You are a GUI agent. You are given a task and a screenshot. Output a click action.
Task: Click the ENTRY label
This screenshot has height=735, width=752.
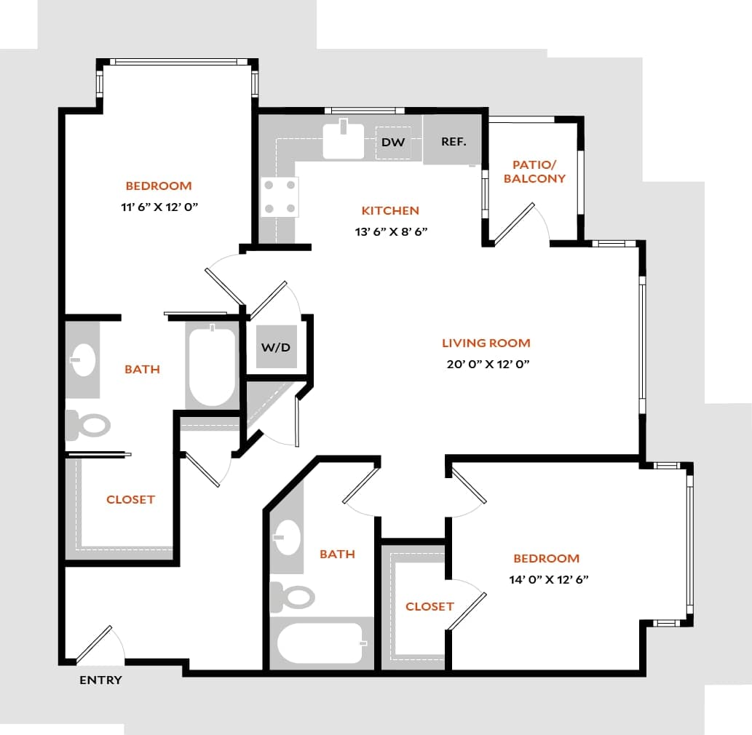pos(100,680)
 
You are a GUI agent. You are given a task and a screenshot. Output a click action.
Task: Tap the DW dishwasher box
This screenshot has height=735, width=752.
pos(393,142)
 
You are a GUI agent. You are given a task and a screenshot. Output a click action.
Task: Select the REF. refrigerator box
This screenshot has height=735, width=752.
pos(453,141)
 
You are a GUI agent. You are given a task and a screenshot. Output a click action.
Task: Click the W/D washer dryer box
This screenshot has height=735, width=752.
pos(275,347)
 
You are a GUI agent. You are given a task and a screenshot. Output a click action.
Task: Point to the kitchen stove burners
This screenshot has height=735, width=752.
pos(280,196)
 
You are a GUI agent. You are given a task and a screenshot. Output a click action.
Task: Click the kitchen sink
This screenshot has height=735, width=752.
pos(343,140)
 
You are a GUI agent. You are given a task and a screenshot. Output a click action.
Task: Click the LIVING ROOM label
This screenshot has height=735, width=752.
pos(486,343)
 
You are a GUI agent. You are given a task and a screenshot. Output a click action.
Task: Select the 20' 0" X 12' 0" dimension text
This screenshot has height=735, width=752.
pos(487,365)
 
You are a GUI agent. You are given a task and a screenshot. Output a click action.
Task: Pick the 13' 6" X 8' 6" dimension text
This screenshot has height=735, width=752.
pos(390,233)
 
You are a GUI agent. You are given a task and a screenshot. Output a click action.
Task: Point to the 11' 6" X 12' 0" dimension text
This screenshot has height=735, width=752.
pos(159,207)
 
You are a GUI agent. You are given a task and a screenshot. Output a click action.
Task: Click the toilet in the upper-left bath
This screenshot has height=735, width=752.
pos(88,425)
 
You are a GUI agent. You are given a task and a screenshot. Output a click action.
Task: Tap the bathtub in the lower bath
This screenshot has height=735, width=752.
pos(320,643)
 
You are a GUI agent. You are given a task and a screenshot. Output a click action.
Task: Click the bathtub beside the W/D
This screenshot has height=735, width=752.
pos(212,366)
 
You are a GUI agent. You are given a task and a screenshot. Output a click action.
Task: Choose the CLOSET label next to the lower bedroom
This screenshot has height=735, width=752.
pos(430,606)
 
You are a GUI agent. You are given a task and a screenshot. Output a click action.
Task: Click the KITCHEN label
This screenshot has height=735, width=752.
pos(390,210)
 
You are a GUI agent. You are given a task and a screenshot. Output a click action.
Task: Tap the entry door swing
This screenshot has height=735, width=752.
pos(102,645)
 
